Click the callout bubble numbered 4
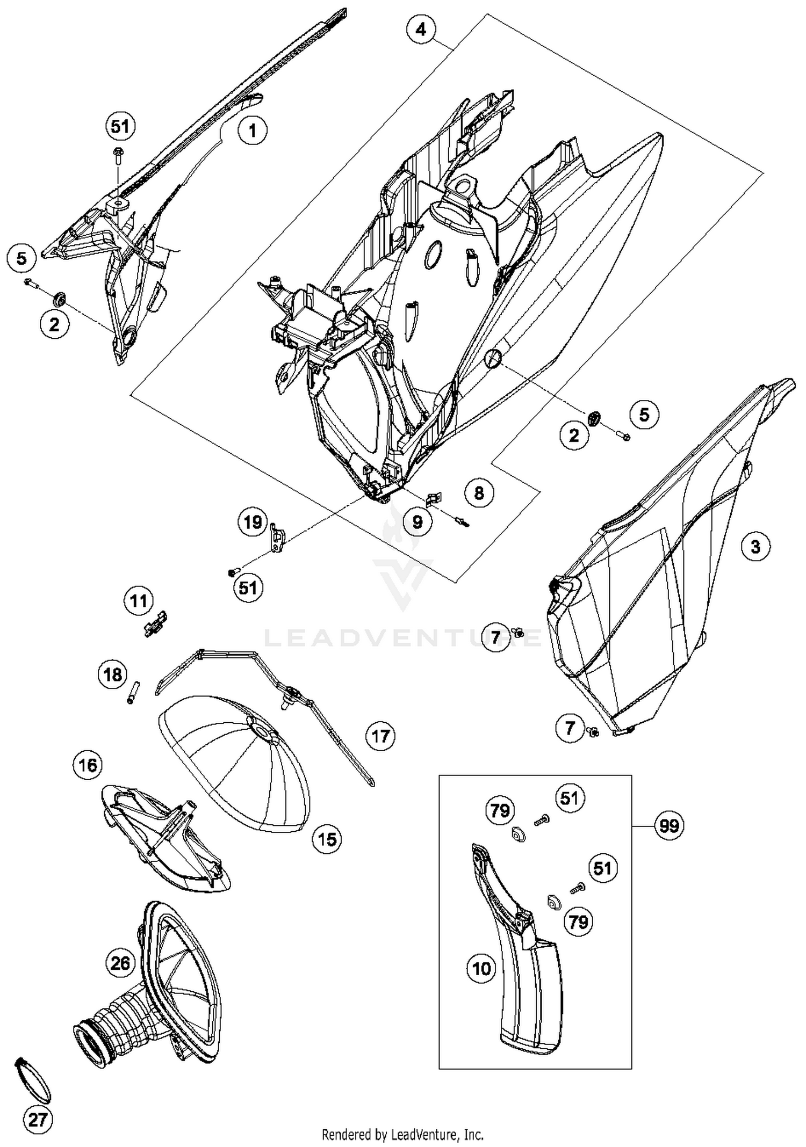[421, 29]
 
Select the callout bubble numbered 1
[253, 129]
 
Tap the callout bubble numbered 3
[755, 547]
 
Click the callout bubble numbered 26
[120, 963]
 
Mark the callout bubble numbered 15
[327, 839]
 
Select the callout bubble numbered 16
[88, 765]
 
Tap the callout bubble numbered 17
[380, 736]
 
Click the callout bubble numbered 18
[113, 674]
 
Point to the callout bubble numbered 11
[139, 600]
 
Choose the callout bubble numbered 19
[253, 522]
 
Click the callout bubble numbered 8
[479, 492]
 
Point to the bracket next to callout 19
[276, 539]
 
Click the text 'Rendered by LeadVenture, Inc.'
[402, 1135]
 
